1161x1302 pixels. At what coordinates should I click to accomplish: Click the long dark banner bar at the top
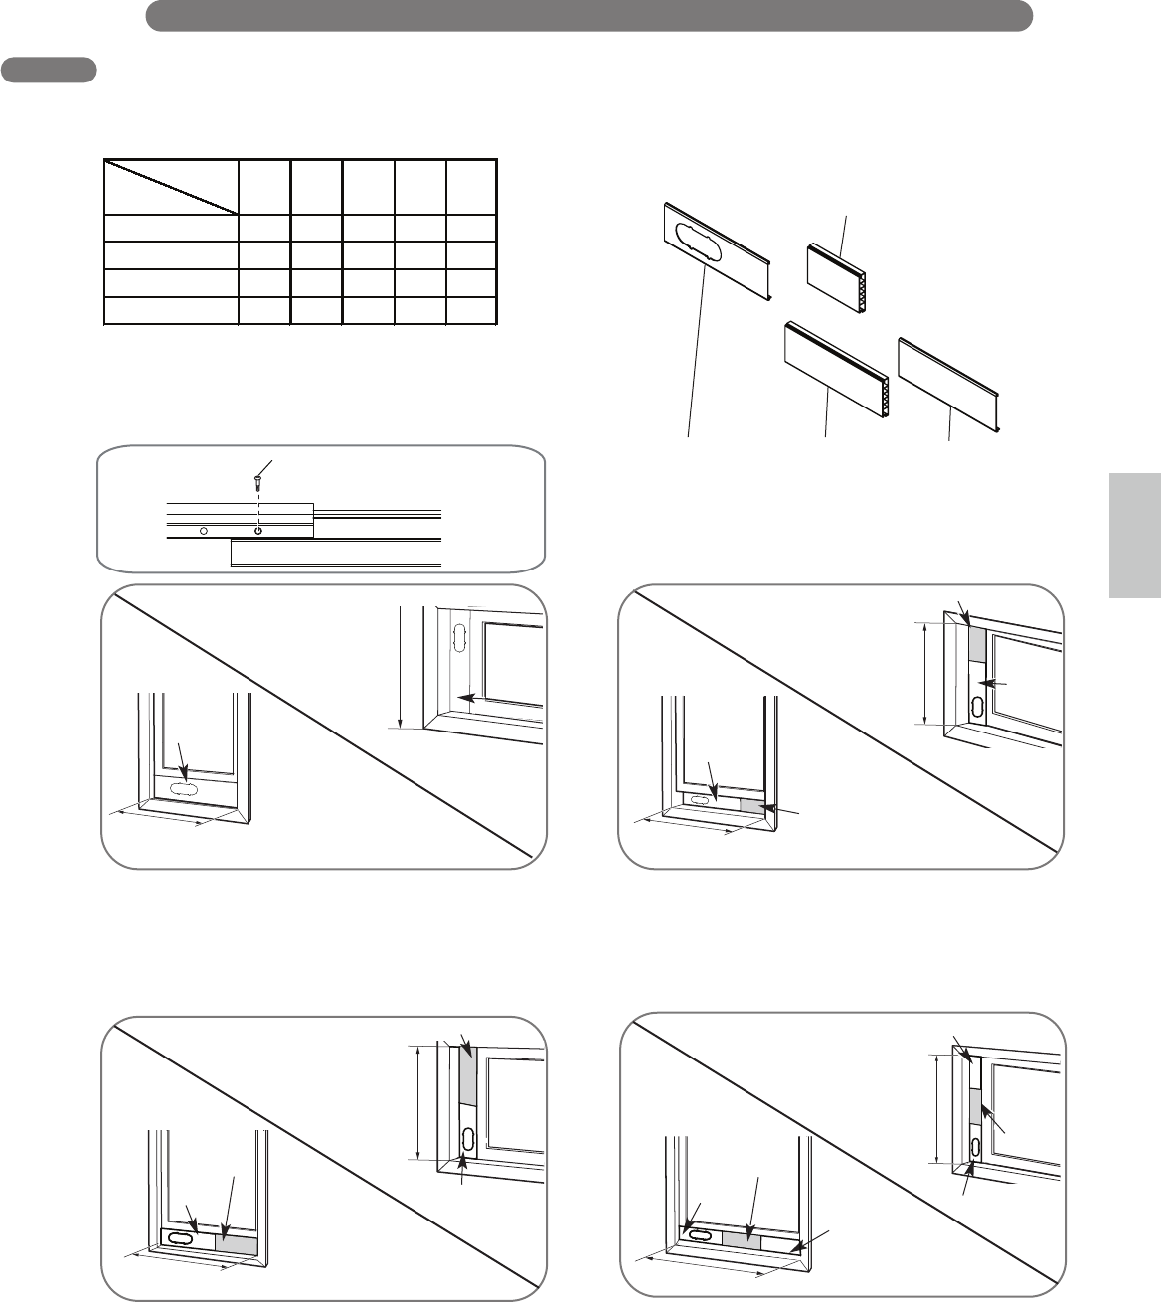tap(588, 15)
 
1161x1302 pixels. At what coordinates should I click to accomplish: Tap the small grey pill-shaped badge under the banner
tap(49, 70)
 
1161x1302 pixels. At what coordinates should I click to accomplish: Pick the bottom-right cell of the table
tap(470, 311)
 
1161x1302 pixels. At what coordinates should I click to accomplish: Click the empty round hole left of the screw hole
tap(204, 532)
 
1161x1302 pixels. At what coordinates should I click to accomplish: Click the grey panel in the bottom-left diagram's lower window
tap(237, 1244)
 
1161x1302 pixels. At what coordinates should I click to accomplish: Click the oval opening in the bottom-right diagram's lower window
tap(699, 1235)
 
